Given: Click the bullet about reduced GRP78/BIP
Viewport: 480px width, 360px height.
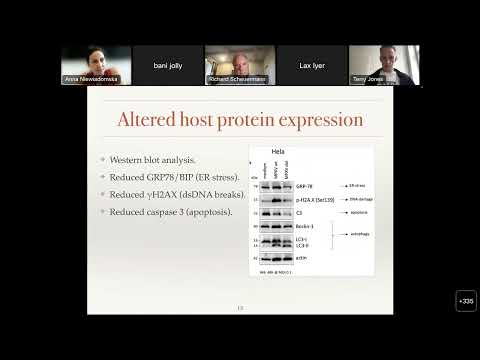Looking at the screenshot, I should click(x=174, y=177).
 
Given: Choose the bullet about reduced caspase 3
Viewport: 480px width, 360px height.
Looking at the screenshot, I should click(x=173, y=211).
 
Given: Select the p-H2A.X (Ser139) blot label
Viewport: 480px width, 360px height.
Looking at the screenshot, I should click(x=312, y=200).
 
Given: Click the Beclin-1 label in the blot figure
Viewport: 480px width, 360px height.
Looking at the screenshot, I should click(x=304, y=227).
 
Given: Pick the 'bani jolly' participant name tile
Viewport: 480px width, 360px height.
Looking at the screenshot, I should click(x=168, y=65).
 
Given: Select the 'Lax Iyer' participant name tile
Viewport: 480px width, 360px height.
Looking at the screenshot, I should click(x=312, y=65).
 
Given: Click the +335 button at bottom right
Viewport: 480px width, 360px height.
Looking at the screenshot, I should click(x=466, y=300).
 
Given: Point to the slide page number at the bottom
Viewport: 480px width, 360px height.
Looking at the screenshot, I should click(x=240, y=307).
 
